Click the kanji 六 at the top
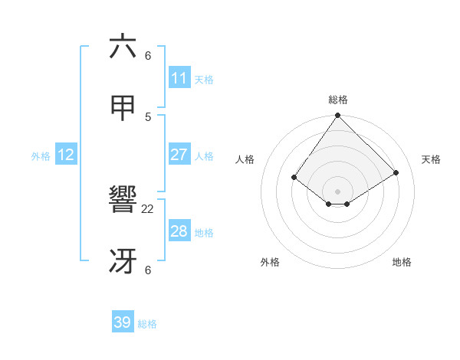click(123, 47)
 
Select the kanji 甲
click(123, 109)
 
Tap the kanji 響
click(123, 201)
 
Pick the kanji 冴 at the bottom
click(123, 262)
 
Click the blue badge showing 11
click(179, 78)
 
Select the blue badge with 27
click(179, 155)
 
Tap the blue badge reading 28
click(179, 231)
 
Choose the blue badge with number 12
click(66, 155)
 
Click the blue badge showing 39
click(123, 322)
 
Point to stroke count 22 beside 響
click(148, 208)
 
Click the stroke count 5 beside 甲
click(148, 116)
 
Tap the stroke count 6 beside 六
click(148, 55)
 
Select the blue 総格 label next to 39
click(147, 324)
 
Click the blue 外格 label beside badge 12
click(41, 156)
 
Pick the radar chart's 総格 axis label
click(337, 100)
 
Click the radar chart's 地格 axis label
click(402, 262)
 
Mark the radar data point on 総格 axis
click(337, 116)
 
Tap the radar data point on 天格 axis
click(396, 172)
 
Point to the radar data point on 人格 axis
click(294, 178)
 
